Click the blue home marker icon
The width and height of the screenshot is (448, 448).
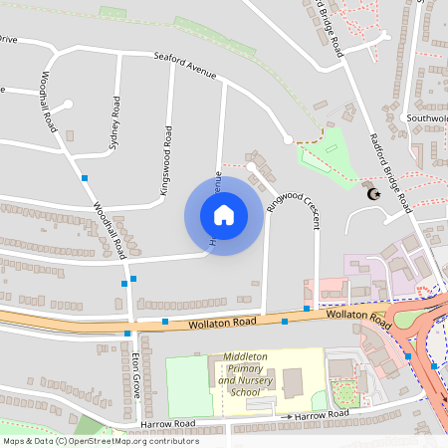tap(224, 215)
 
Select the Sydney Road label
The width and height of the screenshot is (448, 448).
tap(115, 123)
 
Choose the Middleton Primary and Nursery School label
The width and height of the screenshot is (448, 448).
tap(244, 374)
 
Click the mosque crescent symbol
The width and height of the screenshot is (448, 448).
tap(374, 192)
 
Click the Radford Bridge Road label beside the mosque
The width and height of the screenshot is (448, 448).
tap(390, 171)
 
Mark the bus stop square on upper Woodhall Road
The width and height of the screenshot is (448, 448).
tap(85, 177)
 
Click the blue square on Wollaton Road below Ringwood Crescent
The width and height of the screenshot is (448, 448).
tap(285, 322)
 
